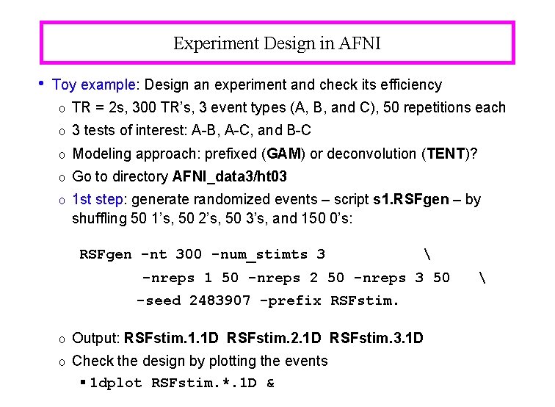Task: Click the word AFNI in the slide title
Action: [x=360, y=43]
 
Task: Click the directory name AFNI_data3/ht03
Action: [x=230, y=176]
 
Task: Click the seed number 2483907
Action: [x=220, y=300]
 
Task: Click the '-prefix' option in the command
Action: [x=291, y=300]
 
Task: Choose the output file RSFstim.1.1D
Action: [x=172, y=339]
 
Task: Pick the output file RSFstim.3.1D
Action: [x=377, y=339]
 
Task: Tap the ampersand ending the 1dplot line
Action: [x=270, y=383]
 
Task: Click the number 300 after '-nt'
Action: [x=189, y=255]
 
